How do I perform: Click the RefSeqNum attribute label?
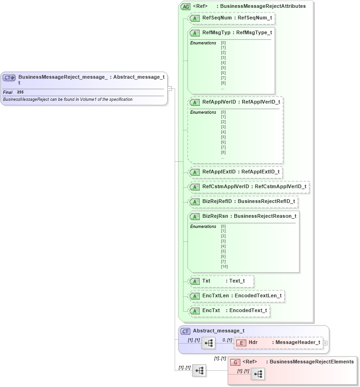click(x=217, y=18)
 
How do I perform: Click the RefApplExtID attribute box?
click(x=235, y=172)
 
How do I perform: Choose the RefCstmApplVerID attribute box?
click(x=248, y=186)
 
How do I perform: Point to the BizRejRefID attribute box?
click(x=243, y=201)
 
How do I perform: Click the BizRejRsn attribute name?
click(x=217, y=216)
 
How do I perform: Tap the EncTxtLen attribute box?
click(x=236, y=295)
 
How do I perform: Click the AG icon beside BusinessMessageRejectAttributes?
click(x=185, y=6)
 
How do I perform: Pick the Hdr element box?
click(x=279, y=342)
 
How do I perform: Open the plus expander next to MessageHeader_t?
click(x=325, y=343)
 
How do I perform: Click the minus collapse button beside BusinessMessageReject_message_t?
click(x=170, y=88)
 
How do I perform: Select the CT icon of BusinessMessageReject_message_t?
click(x=10, y=78)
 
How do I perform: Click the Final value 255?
click(x=20, y=92)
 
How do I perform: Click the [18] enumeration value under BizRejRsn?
click(x=224, y=266)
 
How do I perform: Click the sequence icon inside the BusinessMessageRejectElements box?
click(x=258, y=374)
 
